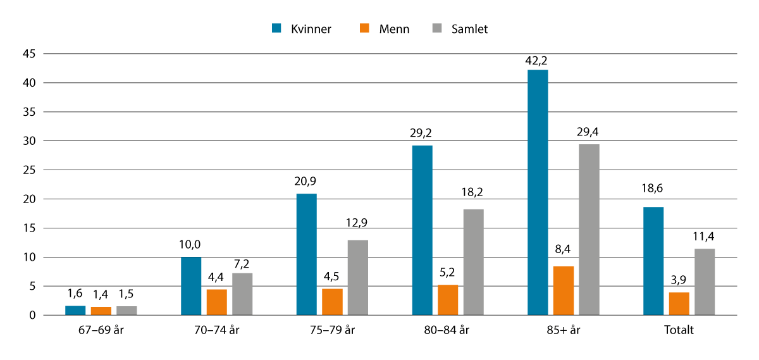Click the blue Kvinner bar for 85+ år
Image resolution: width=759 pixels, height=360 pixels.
click(x=538, y=192)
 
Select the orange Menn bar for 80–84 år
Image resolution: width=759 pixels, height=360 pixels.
click(x=448, y=300)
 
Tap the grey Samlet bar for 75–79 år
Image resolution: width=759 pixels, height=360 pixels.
click(x=357, y=277)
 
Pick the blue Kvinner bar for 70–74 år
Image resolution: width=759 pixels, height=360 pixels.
click(x=191, y=286)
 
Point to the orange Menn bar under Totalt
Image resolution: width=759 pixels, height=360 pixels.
click(x=679, y=304)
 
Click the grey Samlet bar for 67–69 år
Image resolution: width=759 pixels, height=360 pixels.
click(x=126, y=311)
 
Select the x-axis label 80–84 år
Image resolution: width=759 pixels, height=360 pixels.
click(x=447, y=330)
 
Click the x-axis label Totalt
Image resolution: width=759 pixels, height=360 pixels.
click(x=679, y=330)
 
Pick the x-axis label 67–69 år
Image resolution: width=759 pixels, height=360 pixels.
click(x=101, y=330)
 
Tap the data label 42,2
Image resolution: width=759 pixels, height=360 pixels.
click(x=538, y=60)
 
